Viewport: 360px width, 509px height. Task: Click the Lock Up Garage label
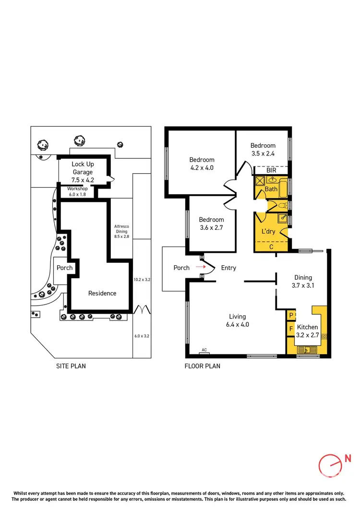coord(83,168)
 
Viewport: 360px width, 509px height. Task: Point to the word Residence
coord(102,293)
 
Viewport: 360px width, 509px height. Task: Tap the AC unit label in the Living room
coord(204,350)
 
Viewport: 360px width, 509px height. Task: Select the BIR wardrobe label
coord(271,170)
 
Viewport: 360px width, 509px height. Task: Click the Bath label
coord(271,189)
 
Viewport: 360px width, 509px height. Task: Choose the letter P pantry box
coord(290,316)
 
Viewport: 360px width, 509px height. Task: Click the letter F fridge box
coord(290,329)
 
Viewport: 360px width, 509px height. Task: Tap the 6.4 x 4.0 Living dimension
coord(238,325)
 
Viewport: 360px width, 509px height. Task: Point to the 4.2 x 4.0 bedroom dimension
coord(202,168)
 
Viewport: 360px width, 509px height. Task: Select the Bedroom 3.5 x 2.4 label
coord(263,150)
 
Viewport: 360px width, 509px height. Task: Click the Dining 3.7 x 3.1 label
coord(303,282)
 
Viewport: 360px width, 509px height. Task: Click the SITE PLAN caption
coord(71,366)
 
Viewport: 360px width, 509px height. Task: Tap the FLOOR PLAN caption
coord(203,366)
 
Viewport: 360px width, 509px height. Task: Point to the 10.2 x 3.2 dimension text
coord(142,279)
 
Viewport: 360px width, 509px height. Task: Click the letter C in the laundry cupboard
coord(271,247)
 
